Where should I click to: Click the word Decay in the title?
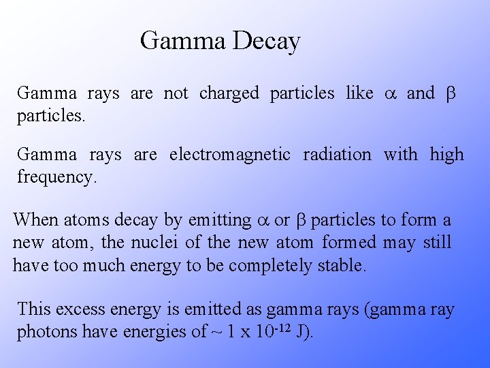point(266,42)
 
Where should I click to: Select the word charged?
point(229,93)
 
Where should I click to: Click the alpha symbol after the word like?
point(390,94)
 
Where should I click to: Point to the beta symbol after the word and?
point(450,94)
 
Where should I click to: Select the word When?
point(35,220)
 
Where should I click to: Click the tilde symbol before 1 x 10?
point(217,332)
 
